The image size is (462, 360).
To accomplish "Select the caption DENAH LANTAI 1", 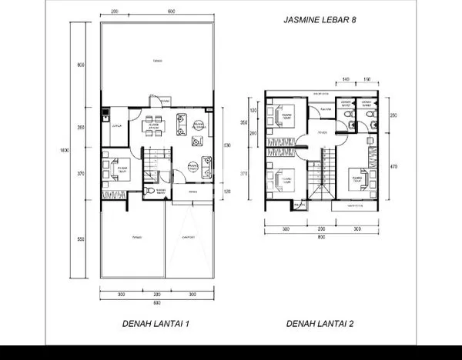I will click(156, 324).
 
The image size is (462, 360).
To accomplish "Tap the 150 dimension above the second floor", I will click(367, 79).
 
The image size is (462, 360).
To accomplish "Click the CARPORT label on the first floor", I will click(187, 238).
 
